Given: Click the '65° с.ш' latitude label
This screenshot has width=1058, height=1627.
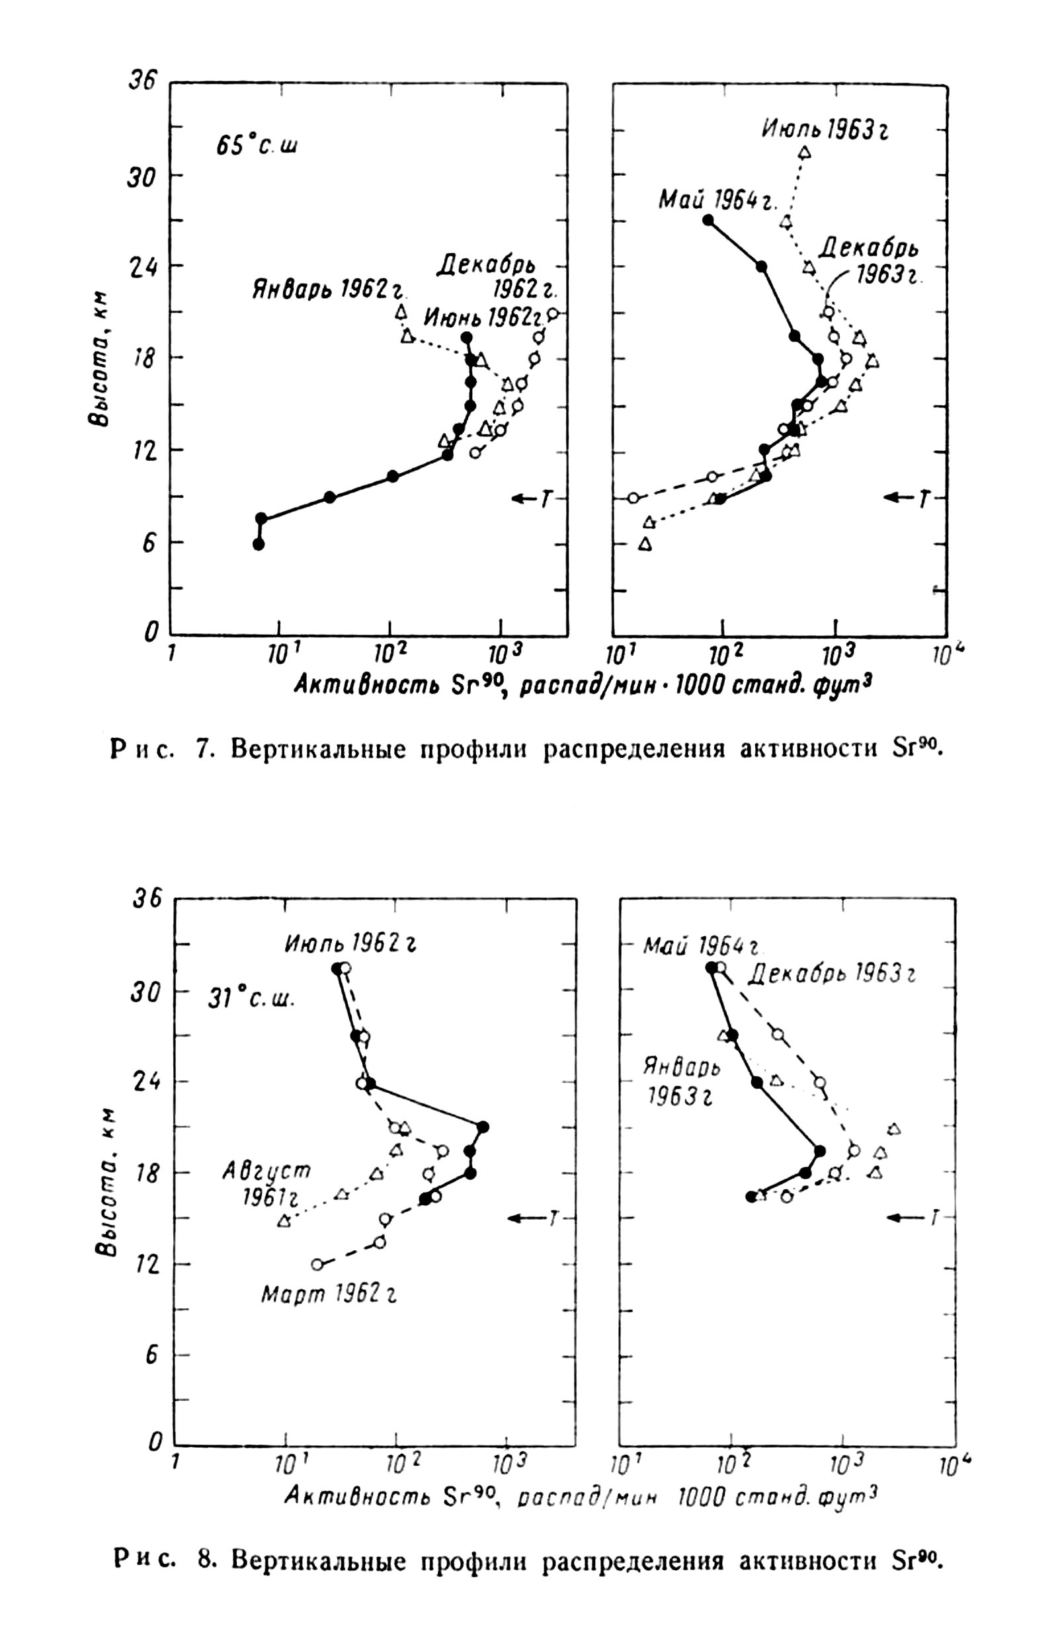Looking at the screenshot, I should click(x=257, y=145).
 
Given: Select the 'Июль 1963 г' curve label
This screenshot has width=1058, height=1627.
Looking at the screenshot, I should click(x=825, y=129).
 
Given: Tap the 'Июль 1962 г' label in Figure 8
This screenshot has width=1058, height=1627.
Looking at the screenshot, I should click(x=350, y=944).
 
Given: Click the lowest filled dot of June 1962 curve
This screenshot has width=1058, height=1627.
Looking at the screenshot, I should click(x=259, y=544).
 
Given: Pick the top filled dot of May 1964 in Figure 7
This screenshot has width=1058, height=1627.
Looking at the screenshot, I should click(x=708, y=220).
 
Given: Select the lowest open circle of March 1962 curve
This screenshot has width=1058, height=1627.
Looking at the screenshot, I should click(x=317, y=1264).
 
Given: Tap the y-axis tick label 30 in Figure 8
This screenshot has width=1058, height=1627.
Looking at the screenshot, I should click(x=146, y=991).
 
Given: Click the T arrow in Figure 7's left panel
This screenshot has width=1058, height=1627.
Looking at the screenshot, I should click(x=532, y=498).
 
